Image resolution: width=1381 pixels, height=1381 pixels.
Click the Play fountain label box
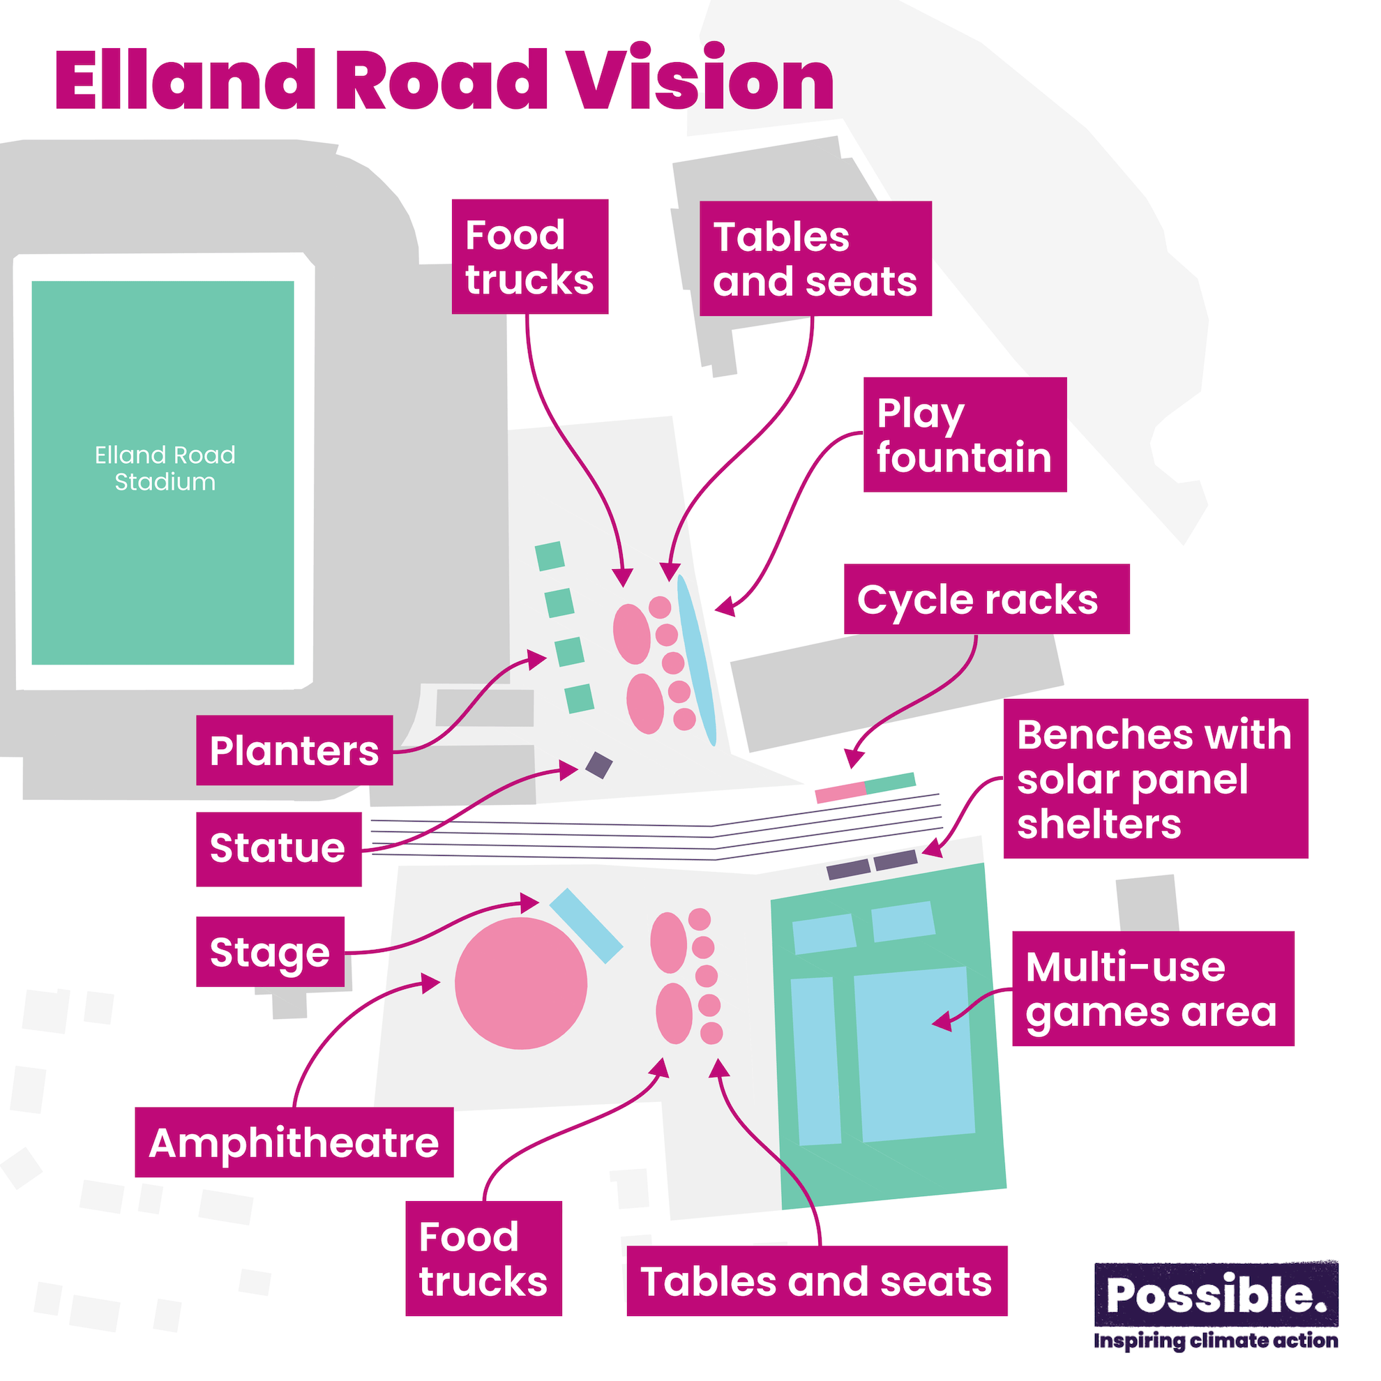pos(965,435)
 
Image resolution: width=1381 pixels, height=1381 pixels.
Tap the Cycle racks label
pos(986,599)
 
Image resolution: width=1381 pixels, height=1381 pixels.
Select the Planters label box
pos(294,750)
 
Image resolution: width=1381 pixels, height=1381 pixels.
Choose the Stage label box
pos(270,952)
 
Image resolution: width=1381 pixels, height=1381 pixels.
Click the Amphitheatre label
pos(294,1142)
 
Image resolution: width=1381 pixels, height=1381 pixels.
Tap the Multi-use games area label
pos(1152,988)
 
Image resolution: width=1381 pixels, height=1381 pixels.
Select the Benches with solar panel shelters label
pos(1155,778)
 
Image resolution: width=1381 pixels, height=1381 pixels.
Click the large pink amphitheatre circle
pos(521,983)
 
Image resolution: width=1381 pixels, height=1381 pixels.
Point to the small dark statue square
pos(599,766)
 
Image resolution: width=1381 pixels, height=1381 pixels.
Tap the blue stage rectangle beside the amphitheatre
pos(586,926)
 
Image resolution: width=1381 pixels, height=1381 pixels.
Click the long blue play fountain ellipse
pos(696,661)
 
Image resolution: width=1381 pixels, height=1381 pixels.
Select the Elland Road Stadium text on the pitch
pos(165,468)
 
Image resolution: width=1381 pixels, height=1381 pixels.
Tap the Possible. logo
pos(1216,1295)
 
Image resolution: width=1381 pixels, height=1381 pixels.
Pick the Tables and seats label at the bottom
pos(816,1281)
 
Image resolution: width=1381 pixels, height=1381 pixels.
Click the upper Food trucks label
pos(529,257)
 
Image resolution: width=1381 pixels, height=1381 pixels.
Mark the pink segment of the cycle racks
pos(840,792)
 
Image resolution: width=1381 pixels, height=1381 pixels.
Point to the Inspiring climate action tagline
pos(1215,1341)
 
